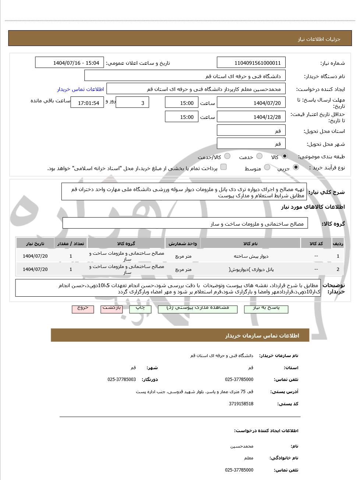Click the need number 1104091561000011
tap(251, 63)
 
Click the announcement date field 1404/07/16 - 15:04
tap(70, 63)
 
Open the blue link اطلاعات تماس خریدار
tap(80, 89)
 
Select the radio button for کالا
tap(285, 156)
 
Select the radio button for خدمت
tap(260, 156)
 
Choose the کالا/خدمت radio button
tap(227, 156)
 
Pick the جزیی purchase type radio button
tap(296, 167)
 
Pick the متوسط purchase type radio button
tap(267, 167)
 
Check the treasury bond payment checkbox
tap(223, 167)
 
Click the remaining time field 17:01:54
tap(87, 103)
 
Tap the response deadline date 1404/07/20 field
tap(251, 103)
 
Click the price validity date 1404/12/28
tap(251, 117)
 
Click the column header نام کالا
tap(250, 244)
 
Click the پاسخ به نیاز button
tap(266, 308)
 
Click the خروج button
tap(83, 308)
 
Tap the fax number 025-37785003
tap(121, 380)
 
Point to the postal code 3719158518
tap(241, 404)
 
